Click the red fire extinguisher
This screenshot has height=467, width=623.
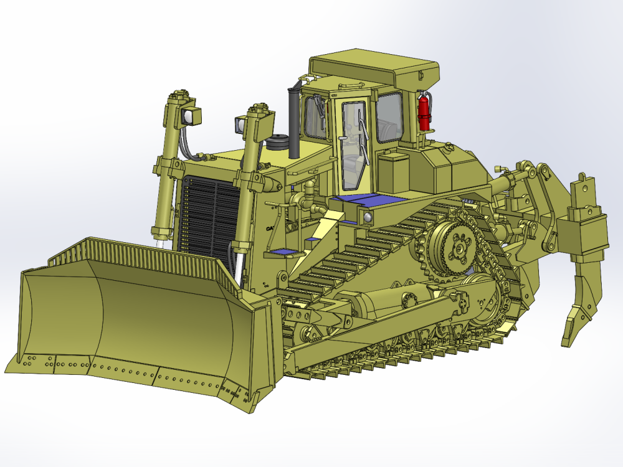click(x=424, y=112)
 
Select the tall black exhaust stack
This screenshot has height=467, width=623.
click(x=293, y=121)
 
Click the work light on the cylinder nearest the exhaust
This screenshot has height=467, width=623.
click(x=240, y=125)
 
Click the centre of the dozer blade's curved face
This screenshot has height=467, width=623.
click(x=156, y=318)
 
